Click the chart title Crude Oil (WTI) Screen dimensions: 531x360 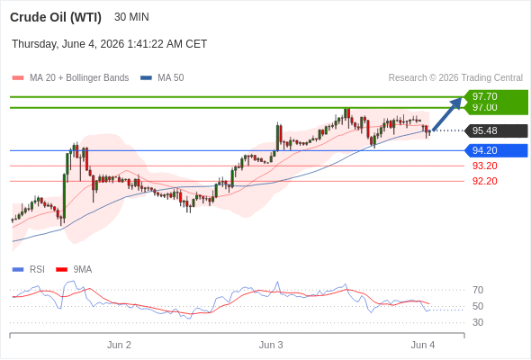pyautogui.click(x=56, y=17)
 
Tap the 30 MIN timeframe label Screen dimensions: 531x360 pyautogui.click(x=131, y=17)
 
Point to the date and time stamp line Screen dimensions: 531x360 pyautogui.click(x=110, y=44)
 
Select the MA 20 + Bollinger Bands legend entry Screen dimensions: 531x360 pyautogui.click(x=70, y=78)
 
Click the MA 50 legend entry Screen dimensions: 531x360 pyautogui.click(x=162, y=78)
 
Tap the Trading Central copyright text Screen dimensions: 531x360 pyautogui.click(x=455, y=78)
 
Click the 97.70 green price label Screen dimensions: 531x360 pyautogui.click(x=485, y=96)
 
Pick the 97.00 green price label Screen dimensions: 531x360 pyautogui.click(x=485, y=108)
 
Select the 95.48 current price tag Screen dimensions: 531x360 pyautogui.click(x=496, y=130)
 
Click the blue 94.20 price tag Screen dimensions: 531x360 pyautogui.click(x=496, y=150)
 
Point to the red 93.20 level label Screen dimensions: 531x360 pyautogui.click(x=485, y=166)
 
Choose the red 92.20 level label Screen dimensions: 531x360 pyautogui.click(x=485, y=181)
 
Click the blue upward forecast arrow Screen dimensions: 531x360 pyautogui.click(x=447, y=113)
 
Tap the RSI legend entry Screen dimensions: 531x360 pyautogui.click(x=29, y=270)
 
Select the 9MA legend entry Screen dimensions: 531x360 pyautogui.click(x=74, y=270)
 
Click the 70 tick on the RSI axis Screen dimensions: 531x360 pyautogui.click(x=478, y=290)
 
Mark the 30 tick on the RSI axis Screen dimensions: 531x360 pyautogui.click(x=478, y=322)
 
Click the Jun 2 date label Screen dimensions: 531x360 pyautogui.click(x=119, y=345)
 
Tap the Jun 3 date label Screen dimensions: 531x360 pyautogui.click(x=271, y=345)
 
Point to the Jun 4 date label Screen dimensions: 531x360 pyautogui.click(x=423, y=345)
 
